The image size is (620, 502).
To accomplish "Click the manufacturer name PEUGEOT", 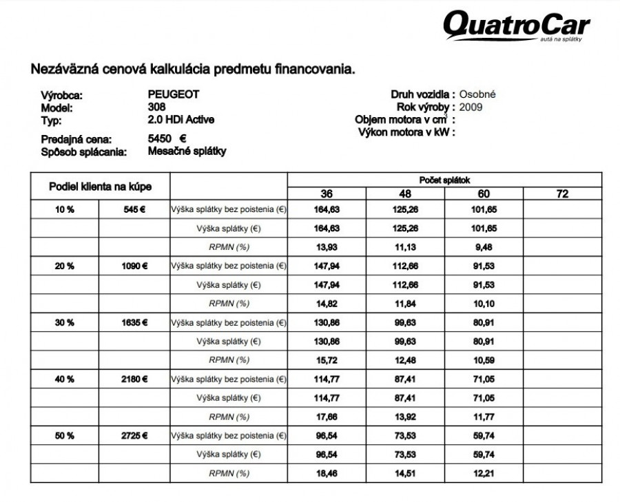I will click(x=173, y=94).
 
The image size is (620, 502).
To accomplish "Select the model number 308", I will click(x=156, y=107).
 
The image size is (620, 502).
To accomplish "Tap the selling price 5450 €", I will click(x=167, y=138).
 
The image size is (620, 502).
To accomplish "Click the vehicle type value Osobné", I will click(x=477, y=94).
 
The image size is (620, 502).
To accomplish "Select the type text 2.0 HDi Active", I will click(x=181, y=119).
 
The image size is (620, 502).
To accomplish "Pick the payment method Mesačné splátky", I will click(x=187, y=151).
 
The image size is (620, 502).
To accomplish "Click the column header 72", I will click(x=562, y=194).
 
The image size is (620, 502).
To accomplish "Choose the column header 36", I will click(x=327, y=194).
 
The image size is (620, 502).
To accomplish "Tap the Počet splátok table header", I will click(x=444, y=179).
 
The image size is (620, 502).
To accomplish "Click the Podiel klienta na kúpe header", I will click(x=100, y=187).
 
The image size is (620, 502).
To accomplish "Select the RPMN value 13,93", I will click(x=327, y=246).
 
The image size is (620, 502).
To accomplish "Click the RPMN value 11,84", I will click(x=405, y=303).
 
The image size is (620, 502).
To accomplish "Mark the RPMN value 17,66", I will click(x=327, y=417).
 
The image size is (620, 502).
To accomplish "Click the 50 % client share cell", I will click(x=65, y=436).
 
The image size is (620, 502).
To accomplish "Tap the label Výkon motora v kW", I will click(x=406, y=132).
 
